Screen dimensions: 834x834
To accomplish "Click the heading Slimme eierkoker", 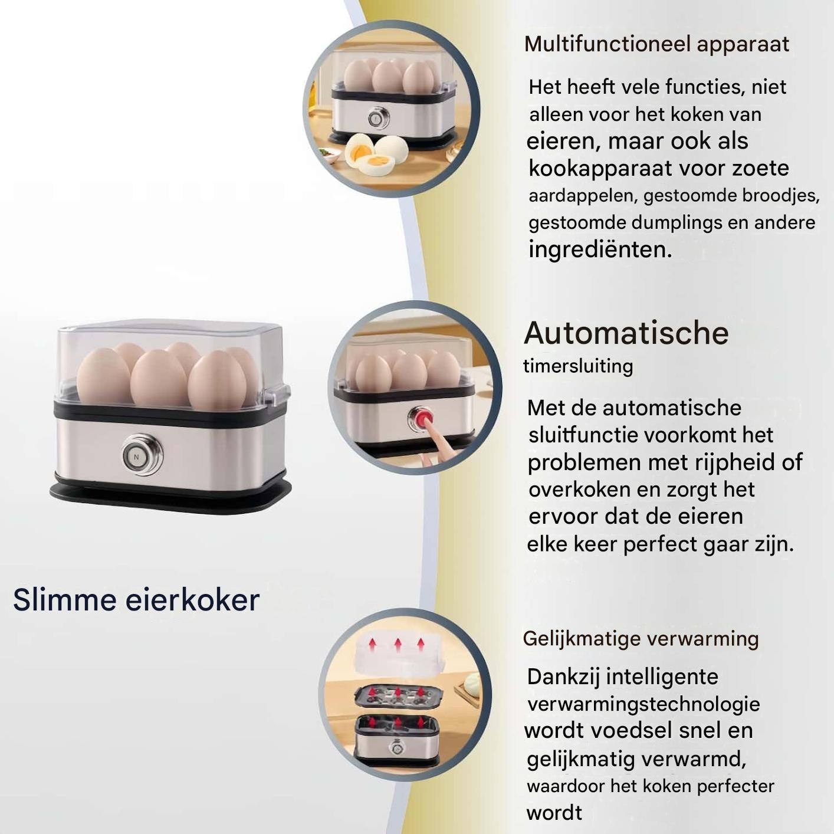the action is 136,600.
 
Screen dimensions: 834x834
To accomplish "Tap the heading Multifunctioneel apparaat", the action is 656,45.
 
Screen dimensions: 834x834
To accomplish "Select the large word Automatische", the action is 626,333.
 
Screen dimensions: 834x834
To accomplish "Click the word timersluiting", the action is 578,366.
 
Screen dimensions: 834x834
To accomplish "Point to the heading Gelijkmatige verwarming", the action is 641,639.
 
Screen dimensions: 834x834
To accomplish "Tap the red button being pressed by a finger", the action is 421,418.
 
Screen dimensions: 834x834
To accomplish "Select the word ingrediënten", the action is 600,249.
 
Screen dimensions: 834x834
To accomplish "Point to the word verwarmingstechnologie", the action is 643,704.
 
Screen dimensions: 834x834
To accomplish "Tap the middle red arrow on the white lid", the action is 398,645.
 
